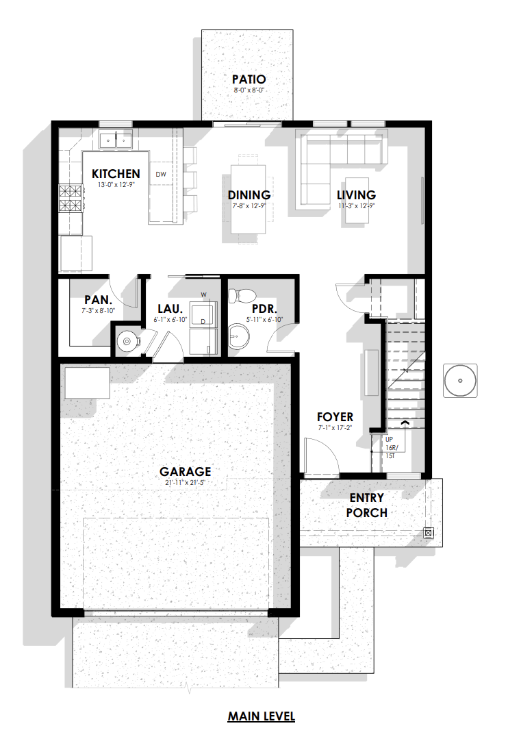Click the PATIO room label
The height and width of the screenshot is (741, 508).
coord(249,79)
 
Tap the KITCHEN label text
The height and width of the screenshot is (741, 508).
coord(116,174)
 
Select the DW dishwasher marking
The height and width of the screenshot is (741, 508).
coord(161,174)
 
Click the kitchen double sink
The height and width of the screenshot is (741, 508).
coord(116,140)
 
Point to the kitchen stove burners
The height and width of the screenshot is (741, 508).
coord(71,198)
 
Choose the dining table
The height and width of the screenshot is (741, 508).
coord(248,199)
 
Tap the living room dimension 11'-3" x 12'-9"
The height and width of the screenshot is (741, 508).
coord(356,206)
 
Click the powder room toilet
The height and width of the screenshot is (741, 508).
coord(242,296)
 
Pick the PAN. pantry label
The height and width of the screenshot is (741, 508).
coord(99,300)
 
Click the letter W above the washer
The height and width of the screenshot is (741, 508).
coord(203,295)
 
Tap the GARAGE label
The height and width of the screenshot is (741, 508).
coord(186,472)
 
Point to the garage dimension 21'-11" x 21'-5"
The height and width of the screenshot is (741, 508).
coord(186,483)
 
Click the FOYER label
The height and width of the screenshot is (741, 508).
coord(335,417)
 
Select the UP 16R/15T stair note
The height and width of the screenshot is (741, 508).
coord(392,447)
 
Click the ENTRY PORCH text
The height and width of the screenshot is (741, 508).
coord(367,505)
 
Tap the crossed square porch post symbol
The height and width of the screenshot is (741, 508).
coord(429,533)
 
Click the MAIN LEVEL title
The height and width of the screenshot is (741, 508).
coord(262,716)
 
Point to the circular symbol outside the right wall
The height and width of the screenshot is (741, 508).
coord(460,380)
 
